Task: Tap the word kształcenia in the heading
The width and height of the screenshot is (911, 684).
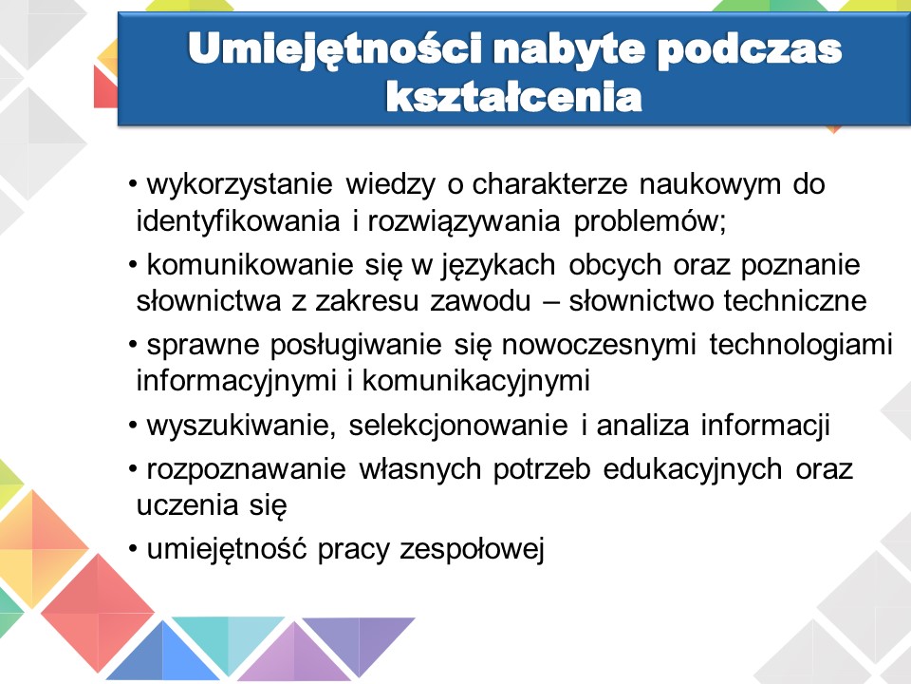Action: [x=514, y=97]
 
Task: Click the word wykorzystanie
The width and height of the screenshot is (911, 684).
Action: [x=240, y=185]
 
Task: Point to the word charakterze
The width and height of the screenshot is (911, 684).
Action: [x=549, y=183]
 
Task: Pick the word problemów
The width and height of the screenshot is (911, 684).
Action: [x=650, y=221]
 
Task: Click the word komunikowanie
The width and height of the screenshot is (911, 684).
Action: [x=250, y=265]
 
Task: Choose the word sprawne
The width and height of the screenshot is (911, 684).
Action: [x=203, y=346]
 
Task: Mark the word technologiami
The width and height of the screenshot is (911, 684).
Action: [x=801, y=346]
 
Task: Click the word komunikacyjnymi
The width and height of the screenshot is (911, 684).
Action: [x=476, y=382]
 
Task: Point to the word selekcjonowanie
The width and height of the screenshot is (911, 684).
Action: [x=458, y=426]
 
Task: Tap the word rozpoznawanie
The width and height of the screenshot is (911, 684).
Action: [x=247, y=470]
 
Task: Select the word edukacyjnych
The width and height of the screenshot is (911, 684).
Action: [x=693, y=470]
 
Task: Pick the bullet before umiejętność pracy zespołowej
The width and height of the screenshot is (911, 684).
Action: [x=133, y=549]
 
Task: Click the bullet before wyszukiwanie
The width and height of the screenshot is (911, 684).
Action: [x=133, y=426]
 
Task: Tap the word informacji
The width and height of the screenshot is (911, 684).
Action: [x=765, y=426]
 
